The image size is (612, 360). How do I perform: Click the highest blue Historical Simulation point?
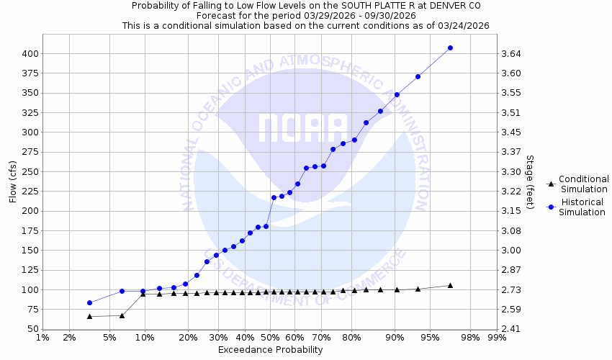pyautogui.click(x=450, y=48)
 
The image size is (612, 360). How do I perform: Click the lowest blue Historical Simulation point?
pyautogui.click(x=89, y=302)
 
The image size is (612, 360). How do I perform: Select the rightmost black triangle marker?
pyautogui.click(x=450, y=286)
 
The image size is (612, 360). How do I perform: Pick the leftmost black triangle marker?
pyautogui.click(x=89, y=316)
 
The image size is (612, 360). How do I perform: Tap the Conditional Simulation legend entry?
pyautogui.click(x=583, y=184)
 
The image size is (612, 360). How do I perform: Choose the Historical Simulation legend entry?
pyautogui.click(x=583, y=207)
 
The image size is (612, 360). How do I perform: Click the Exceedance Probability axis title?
pyautogui.click(x=270, y=350)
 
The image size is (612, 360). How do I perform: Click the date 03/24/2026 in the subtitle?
pyautogui.click(x=463, y=24)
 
